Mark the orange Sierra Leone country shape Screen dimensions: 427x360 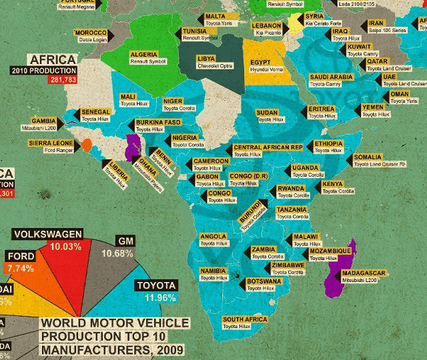click(87, 145)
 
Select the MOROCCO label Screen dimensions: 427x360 click(91, 33)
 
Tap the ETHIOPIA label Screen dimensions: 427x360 click(328, 143)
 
